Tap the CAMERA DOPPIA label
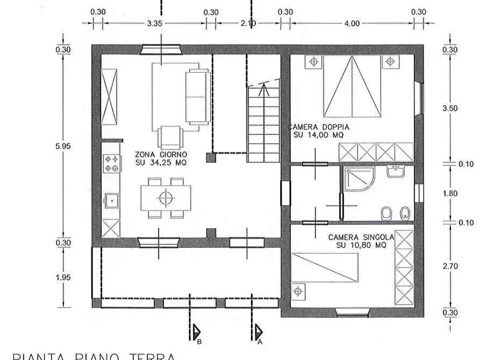tap(318, 131)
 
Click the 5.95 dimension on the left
tap(64, 146)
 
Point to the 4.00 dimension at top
tap(352, 23)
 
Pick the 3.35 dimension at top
tap(154, 23)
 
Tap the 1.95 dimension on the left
tap(64, 277)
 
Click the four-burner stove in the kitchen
tap(111, 164)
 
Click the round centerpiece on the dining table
tap(166, 198)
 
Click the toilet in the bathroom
tap(385, 213)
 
